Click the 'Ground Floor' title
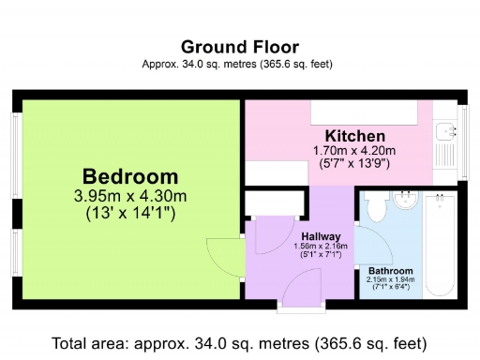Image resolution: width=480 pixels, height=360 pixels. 239,46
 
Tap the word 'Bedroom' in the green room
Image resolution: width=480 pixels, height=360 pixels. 130,176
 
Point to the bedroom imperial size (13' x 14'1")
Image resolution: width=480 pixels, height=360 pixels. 130,214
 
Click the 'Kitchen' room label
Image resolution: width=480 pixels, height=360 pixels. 354,136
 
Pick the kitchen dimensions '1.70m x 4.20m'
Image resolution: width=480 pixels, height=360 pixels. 354,150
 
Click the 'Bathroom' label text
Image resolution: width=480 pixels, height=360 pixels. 390,271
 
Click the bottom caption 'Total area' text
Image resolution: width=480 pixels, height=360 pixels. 239,342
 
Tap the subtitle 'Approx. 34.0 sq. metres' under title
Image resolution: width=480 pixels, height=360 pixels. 239,64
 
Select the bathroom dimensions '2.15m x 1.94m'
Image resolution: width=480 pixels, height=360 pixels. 390,280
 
